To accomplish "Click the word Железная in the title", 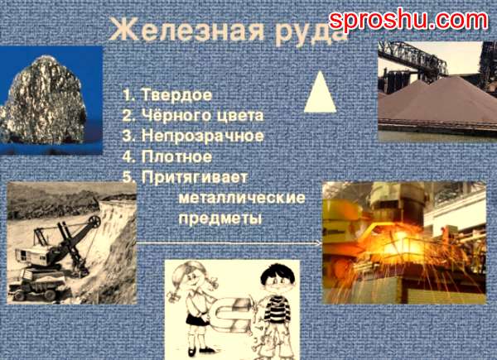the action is coord(186,31).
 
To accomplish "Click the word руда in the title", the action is coord(311,33).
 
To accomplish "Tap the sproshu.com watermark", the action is coord(408,21).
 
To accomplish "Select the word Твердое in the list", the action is coord(176,94).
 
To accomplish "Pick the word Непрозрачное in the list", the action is coord(203,137).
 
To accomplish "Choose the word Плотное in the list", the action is coord(176,156).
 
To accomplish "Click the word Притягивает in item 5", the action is coord(195,178).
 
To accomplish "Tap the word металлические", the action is coord(242,198).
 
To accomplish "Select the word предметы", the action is coord(220,218).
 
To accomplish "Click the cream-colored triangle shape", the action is coord(320,93).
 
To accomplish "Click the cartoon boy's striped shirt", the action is coord(277,309).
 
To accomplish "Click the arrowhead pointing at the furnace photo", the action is coord(319,243).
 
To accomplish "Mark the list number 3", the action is coord(127,137).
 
